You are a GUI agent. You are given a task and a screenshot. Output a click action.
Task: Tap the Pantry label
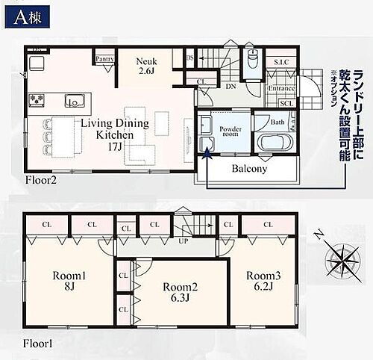(x=104, y=58)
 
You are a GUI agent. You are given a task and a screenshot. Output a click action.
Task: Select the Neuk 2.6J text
(x=146, y=67)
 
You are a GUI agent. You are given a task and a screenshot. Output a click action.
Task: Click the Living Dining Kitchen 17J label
(x=116, y=134)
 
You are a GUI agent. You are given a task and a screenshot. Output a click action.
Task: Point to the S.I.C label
(x=281, y=61)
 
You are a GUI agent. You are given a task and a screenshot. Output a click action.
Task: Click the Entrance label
(x=281, y=89)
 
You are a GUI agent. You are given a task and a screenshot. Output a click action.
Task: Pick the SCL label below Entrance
(x=285, y=102)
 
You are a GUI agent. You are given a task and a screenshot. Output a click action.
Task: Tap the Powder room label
(x=230, y=128)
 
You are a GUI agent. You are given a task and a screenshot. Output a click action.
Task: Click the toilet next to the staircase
(x=252, y=60)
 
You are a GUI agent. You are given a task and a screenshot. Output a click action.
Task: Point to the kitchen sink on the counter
(x=74, y=101)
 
